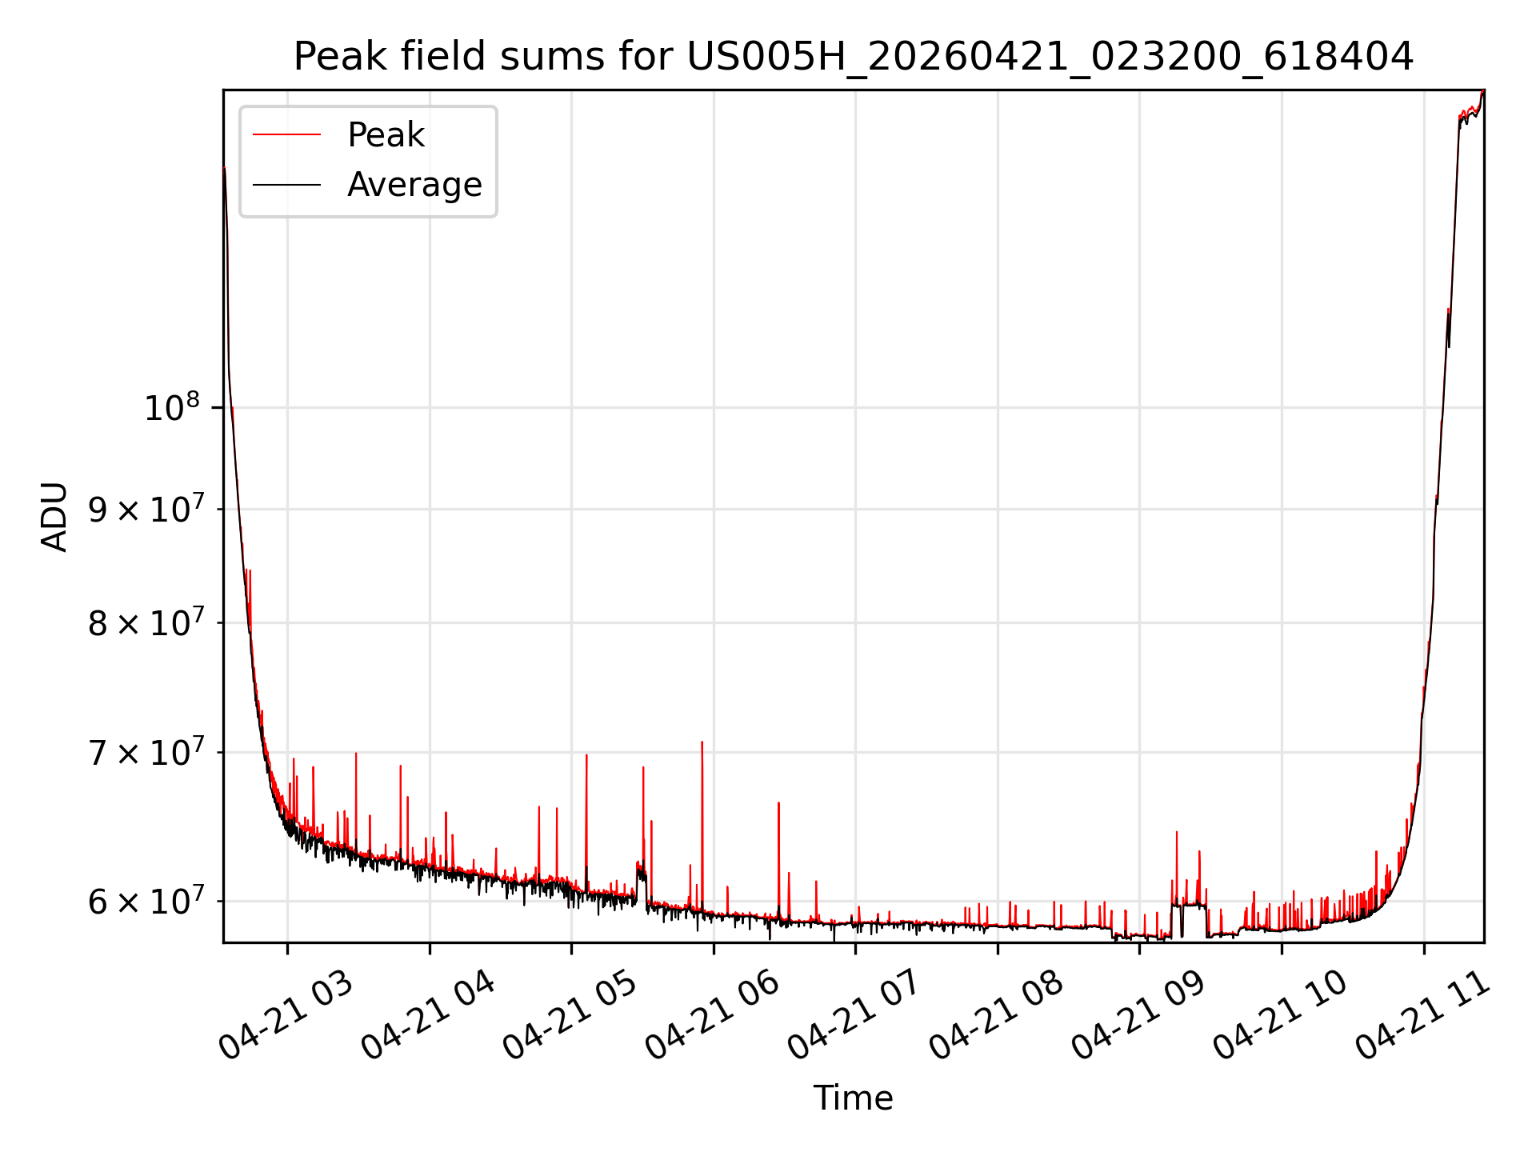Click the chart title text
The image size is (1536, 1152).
pos(854,57)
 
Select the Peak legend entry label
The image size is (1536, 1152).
pos(386,135)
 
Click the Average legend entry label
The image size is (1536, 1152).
pos(414,185)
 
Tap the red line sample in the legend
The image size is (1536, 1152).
pos(286,135)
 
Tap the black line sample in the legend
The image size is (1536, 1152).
pos(286,185)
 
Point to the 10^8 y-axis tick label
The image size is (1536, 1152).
pos(171,408)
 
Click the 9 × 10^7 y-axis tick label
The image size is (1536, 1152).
pos(144,509)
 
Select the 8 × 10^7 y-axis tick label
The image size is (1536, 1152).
pos(144,622)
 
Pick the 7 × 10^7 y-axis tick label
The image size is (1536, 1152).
pos(144,752)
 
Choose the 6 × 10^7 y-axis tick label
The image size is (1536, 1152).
pos(144,901)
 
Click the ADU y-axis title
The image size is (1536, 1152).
pos(54,517)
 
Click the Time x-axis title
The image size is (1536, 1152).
pos(854,1098)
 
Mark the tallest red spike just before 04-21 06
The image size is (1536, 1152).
pos(702,742)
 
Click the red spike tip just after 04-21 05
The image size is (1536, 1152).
pos(586,755)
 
